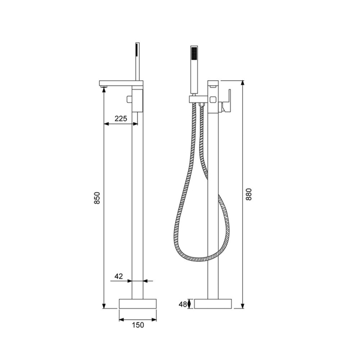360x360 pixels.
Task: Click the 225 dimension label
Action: tap(121, 119)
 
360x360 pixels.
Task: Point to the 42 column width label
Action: tap(118, 276)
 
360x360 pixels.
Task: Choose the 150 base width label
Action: tap(137, 325)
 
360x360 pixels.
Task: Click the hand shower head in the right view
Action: tap(194, 53)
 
